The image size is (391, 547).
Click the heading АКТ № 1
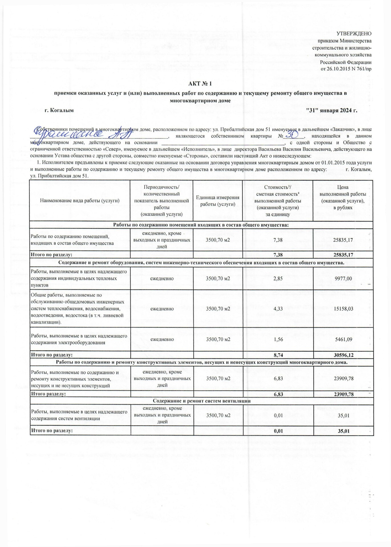pyautogui.click(x=200, y=84)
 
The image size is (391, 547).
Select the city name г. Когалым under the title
pyautogui.click(x=59, y=111)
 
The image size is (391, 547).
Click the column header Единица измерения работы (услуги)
pyautogui.click(x=218, y=201)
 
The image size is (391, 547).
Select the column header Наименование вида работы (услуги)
pyautogui.click(x=80, y=201)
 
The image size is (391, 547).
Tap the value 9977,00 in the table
pyautogui.click(x=343, y=278)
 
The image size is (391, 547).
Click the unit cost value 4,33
pyautogui.click(x=278, y=309)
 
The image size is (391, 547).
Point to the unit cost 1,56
pyautogui.click(x=278, y=340)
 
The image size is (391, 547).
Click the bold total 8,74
pyautogui.click(x=278, y=355)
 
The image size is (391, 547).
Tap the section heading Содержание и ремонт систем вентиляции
pyautogui.click(x=202, y=401)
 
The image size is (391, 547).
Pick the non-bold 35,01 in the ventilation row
pyautogui.click(x=344, y=415)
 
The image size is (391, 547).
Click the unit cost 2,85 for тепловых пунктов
pyautogui.click(x=278, y=278)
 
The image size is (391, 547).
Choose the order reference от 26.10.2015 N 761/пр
pyautogui.click(x=346, y=69)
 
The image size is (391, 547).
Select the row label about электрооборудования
pyautogui.click(x=79, y=339)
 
